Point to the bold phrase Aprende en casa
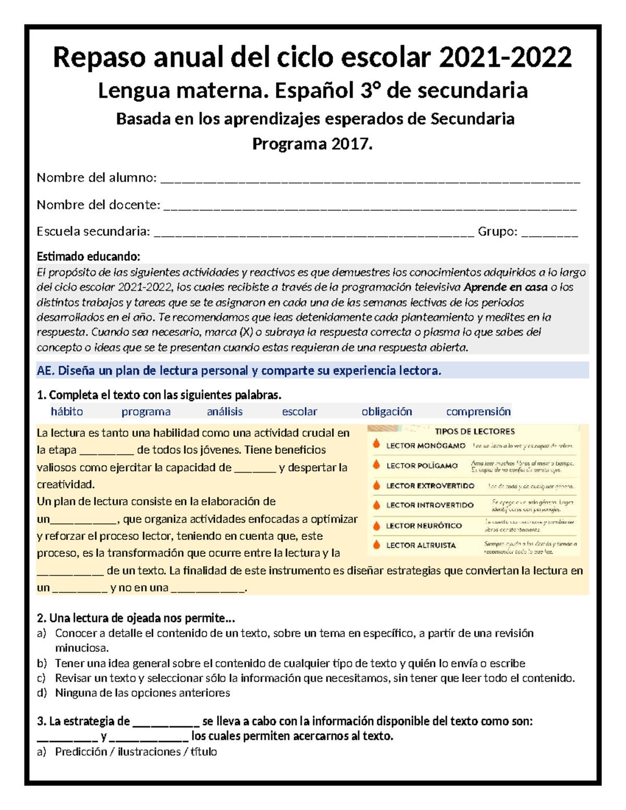pos(505,287)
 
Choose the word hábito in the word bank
pos(67,412)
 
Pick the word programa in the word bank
pos(146,412)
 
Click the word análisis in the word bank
pos(225,412)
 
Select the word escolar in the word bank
pos(299,412)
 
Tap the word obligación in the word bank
pos(387,412)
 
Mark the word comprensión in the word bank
pos(478,412)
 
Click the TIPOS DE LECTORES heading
pos(475,431)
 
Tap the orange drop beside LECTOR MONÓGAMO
pos(376,444)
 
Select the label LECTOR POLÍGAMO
pos(422,465)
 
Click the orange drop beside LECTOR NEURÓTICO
pos(376,525)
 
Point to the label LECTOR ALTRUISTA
pos(420,546)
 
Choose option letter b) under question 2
pos(42,663)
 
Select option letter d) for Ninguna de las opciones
pos(42,693)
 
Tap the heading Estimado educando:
pos(88,257)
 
